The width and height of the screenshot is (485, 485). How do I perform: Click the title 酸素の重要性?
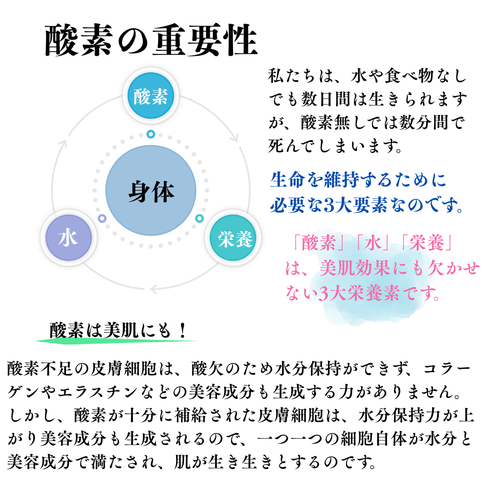point(151,40)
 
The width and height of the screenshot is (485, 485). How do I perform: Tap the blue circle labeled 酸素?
point(150,96)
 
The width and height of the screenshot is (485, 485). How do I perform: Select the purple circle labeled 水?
point(69,238)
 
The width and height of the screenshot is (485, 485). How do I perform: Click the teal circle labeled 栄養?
point(233,238)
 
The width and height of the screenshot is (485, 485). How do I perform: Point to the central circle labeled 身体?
point(150,190)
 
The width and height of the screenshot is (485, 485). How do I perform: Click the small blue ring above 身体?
point(150,134)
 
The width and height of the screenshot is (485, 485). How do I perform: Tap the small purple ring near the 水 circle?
point(102,218)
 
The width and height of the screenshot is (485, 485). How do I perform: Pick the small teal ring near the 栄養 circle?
point(199,218)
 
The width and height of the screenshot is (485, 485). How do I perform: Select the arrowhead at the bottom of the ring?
point(154,289)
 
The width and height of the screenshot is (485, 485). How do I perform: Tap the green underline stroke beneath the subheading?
point(116,341)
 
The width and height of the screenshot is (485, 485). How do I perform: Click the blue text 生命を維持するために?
point(358,180)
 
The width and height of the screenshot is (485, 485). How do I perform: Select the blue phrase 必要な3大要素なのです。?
point(366,205)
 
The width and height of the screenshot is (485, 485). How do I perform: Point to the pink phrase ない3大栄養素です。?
point(362,293)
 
